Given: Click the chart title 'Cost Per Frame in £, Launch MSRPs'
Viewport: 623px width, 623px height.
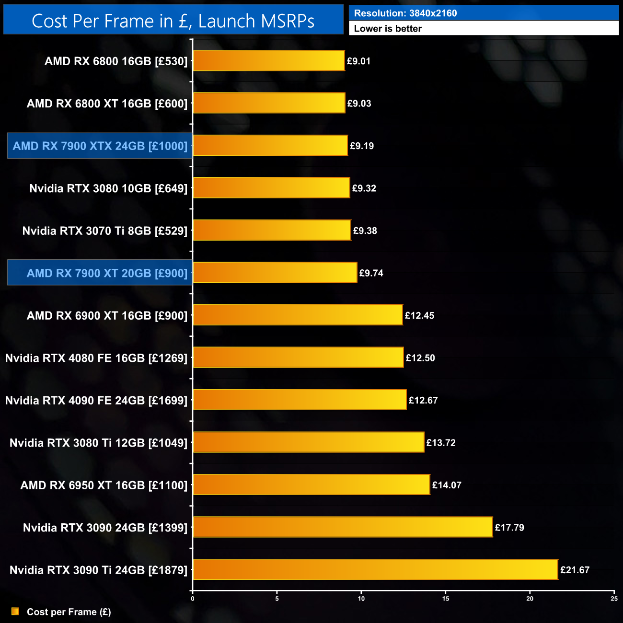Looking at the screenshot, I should (173, 21).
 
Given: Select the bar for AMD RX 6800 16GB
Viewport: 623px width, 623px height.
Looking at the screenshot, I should (268, 61).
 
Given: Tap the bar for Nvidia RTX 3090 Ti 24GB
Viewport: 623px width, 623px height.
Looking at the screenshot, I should (375, 569).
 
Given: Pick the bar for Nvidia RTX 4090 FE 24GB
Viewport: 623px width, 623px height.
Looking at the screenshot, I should (300, 400).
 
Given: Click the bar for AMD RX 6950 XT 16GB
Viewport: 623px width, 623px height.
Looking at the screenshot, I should (311, 485).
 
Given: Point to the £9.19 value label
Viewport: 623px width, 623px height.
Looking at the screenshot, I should (362, 146).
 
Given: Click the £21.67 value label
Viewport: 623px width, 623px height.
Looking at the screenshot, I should (575, 570).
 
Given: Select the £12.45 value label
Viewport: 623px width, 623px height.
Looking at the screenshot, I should (419, 315).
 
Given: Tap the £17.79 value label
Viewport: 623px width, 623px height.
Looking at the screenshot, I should (509, 528).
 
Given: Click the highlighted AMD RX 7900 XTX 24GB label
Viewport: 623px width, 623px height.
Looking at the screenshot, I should (100, 146).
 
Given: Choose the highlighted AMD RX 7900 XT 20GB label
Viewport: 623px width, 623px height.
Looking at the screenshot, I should (107, 273).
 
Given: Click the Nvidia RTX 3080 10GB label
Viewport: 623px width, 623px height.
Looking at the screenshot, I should (108, 188).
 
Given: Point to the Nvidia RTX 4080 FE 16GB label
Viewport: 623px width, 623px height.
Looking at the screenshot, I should (96, 358).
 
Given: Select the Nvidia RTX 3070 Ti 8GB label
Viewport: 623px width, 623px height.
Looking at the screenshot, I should (105, 231).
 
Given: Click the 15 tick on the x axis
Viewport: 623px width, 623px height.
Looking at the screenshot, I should (446, 599).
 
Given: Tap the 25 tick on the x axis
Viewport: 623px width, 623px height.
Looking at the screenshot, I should (614, 599).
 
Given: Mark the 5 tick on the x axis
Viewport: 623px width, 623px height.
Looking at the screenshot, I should (277, 599).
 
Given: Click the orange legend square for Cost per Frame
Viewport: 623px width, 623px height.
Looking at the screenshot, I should (15, 611).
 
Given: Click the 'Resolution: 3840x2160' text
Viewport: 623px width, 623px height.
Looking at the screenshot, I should (405, 13).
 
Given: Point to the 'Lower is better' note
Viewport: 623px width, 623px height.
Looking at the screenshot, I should (388, 29).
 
